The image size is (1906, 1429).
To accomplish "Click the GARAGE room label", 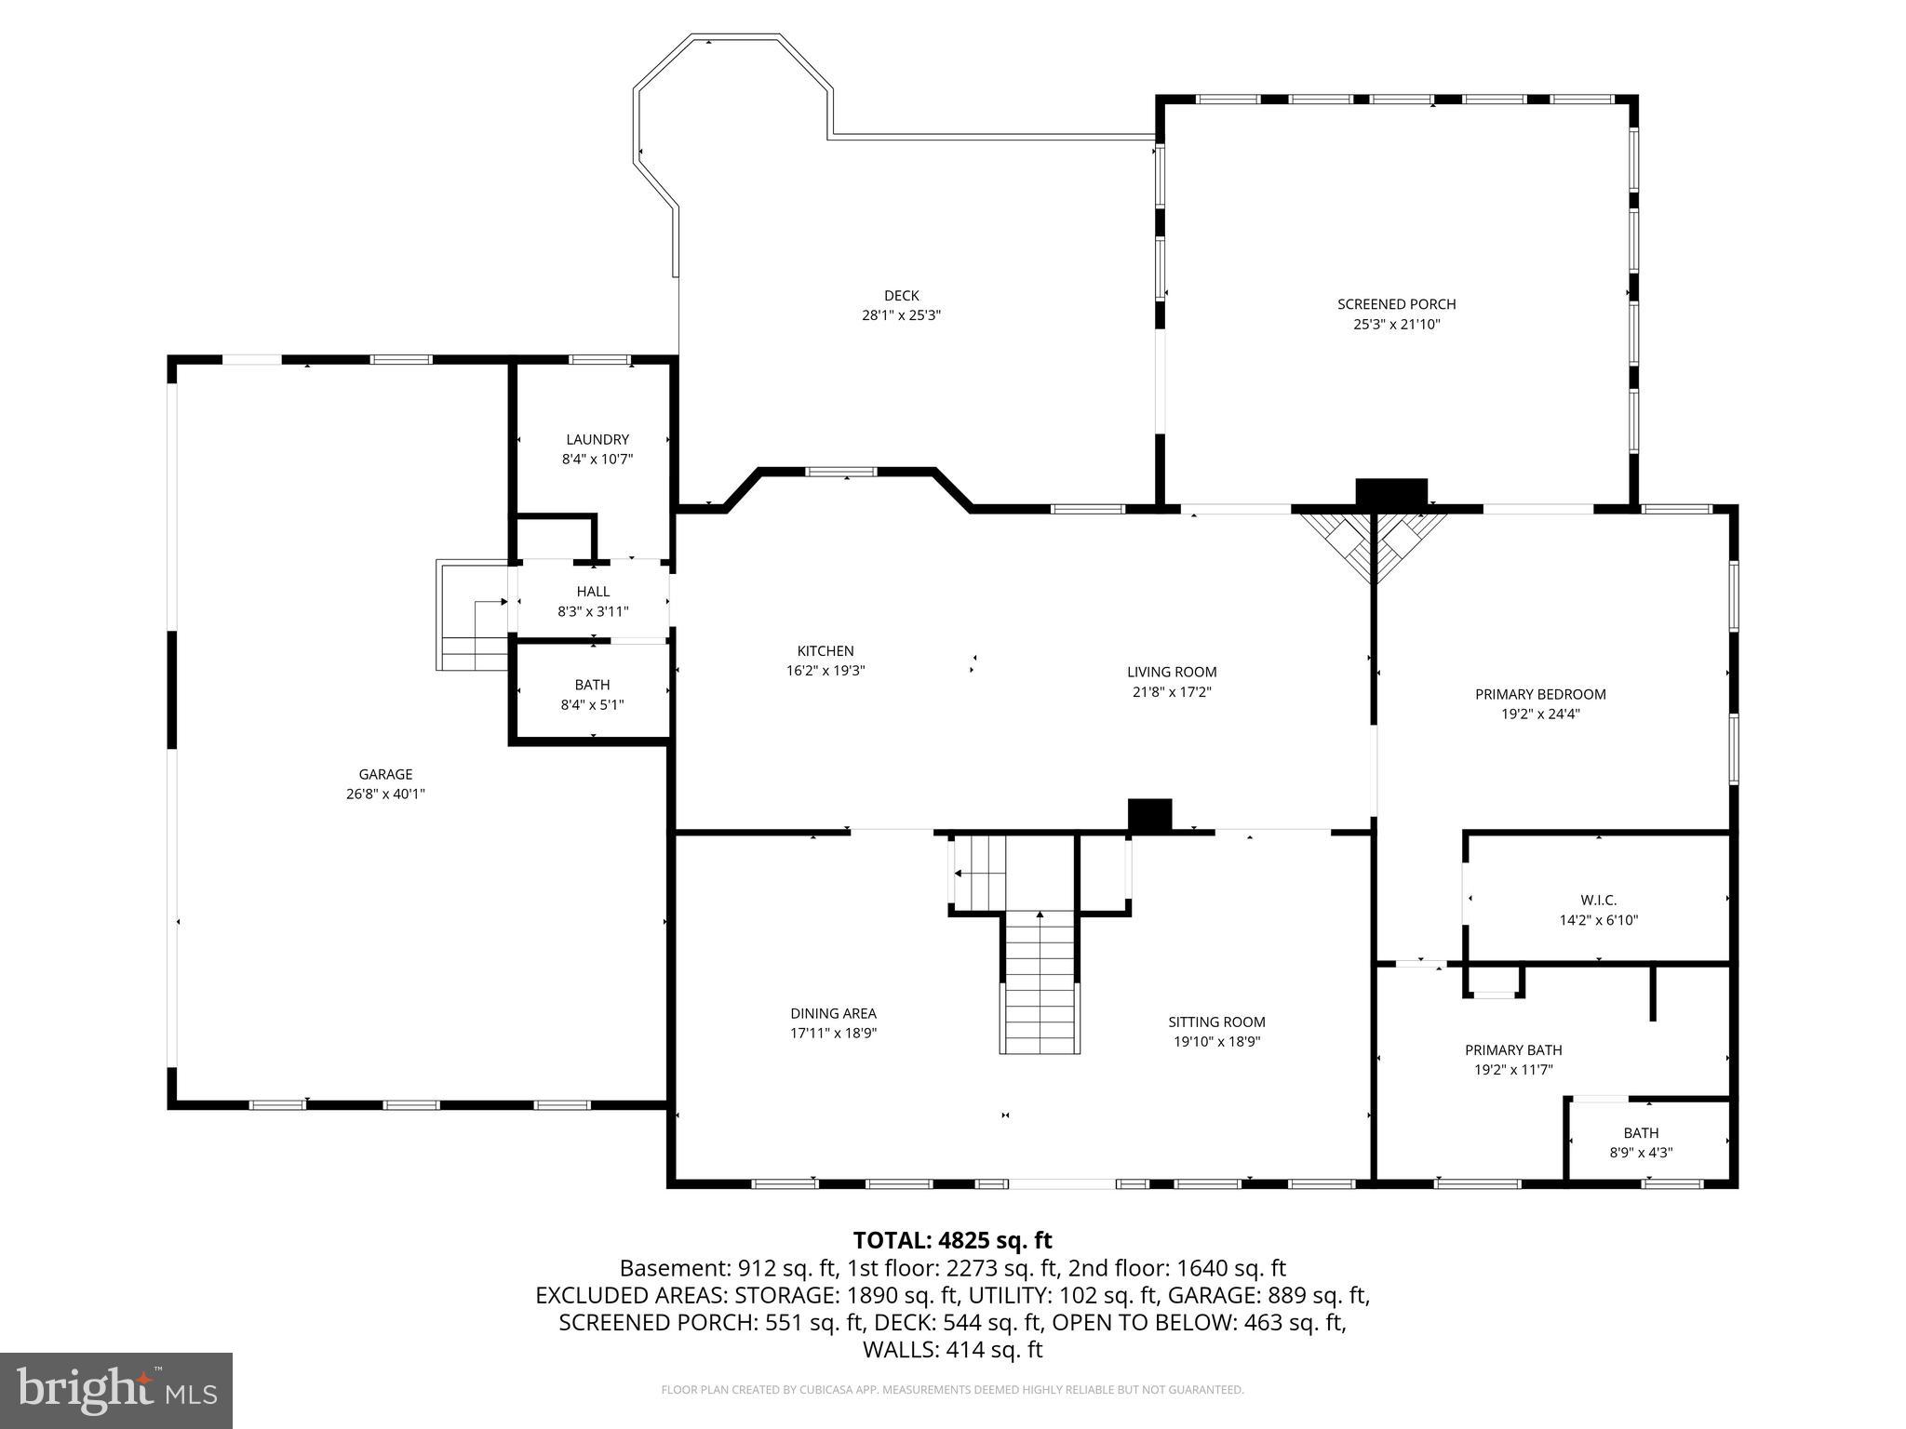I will pyautogui.click(x=385, y=774).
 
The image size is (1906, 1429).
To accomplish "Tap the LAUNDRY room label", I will pyautogui.click(x=597, y=439).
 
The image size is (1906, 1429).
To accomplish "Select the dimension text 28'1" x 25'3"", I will pyautogui.click(x=901, y=315).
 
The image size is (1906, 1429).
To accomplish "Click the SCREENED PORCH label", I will pyautogui.click(x=1396, y=304).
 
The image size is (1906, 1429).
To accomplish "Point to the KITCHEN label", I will pyautogui.click(x=825, y=651).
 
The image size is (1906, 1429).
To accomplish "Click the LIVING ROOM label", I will pyautogui.click(x=1172, y=672).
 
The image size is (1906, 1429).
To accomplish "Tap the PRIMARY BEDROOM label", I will pyautogui.click(x=1540, y=694).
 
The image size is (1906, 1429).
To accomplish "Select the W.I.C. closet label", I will pyautogui.click(x=1598, y=900).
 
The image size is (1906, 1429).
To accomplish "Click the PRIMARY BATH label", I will pyautogui.click(x=1513, y=1050).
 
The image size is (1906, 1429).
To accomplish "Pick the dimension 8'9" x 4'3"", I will pyautogui.click(x=1641, y=1152).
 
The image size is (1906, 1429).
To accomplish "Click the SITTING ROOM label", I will pyautogui.click(x=1216, y=1022).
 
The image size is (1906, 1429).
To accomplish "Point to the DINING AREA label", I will pyautogui.click(x=833, y=1013).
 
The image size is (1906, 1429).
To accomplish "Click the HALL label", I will pyautogui.click(x=593, y=592).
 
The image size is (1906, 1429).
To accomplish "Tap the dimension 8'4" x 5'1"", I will pyautogui.click(x=592, y=705).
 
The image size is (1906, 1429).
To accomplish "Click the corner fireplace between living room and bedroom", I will pyautogui.click(x=1374, y=544).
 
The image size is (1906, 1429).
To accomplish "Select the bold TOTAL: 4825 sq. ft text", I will pyautogui.click(x=952, y=1240).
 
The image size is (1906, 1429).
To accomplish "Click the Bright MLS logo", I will pyautogui.click(x=116, y=1390).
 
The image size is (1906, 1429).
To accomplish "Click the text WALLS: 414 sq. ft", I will pyautogui.click(x=952, y=1350).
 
